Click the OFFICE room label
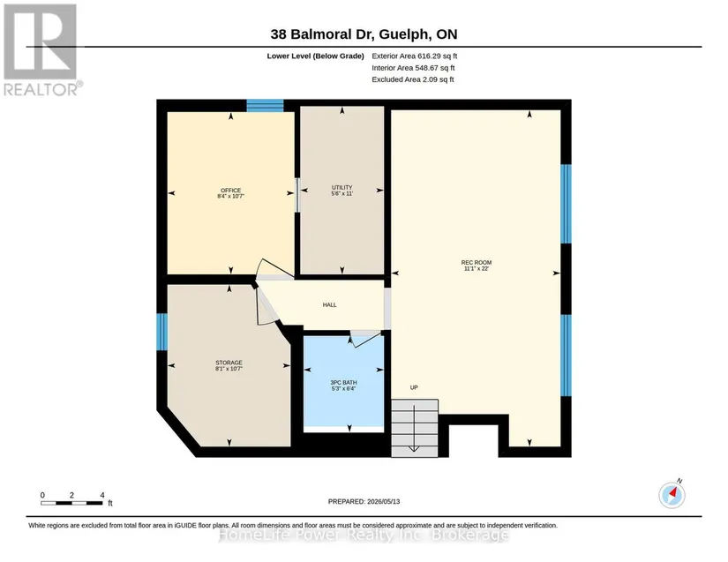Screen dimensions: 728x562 [x=230, y=191]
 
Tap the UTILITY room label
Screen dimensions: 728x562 [x=341, y=188]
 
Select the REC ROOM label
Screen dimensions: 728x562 [x=477, y=262]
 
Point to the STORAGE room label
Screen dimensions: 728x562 [x=229, y=363]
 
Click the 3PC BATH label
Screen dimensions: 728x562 [x=343, y=382]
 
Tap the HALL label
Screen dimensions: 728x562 [x=330, y=305]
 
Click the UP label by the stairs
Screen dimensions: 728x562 [x=414, y=387]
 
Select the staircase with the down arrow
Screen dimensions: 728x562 [x=415, y=428]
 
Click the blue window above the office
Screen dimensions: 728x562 [x=265, y=105]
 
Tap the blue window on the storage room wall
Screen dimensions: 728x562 [x=161, y=332]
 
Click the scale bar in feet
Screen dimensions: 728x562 [x=72, y=503]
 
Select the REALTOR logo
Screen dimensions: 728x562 [x=42, y=49]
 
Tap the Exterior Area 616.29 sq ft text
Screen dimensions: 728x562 [x=414, y=56]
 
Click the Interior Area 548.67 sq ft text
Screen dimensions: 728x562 [x=413, y=68]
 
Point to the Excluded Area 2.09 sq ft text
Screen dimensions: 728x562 [x=413, y=79]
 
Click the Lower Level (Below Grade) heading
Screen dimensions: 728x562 [x=315, y=56]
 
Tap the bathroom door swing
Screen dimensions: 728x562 [x=365, y=340]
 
